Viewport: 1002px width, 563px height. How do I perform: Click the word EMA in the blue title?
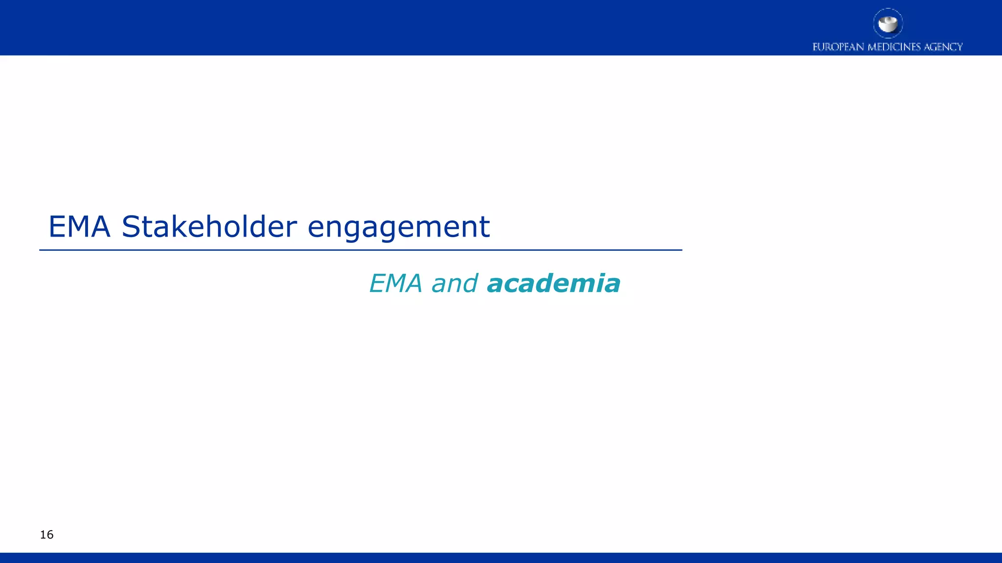coord(79,227)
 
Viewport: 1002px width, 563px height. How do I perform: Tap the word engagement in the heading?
coord(398,228)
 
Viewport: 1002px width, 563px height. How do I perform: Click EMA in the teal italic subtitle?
coord(395,283)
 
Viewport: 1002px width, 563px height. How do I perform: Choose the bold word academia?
coord(553,283)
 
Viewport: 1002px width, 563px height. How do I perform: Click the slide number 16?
coord(46,535)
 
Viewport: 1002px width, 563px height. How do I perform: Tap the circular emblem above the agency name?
coord(888,23)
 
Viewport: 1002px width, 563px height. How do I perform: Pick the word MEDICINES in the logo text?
coord(894,47)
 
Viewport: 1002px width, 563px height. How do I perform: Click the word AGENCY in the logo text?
coord(943,47)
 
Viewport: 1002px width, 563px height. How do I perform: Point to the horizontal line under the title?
coord(361,250)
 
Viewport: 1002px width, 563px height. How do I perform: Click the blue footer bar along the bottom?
coord(501,558)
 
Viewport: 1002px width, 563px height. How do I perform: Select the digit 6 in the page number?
coord(50,535)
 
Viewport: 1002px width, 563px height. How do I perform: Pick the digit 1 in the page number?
coord(43,535)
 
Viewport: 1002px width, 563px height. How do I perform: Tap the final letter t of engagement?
coord(484,228)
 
